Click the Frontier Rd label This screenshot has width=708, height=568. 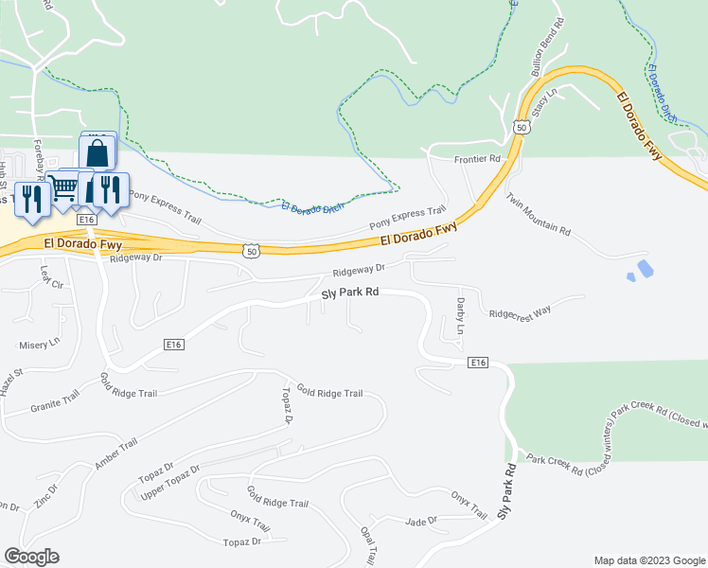coord(476,159)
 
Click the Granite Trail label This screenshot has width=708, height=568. coord(55,402)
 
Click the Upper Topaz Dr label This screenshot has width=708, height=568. coord(170,483)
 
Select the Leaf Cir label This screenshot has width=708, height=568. coord(50,277)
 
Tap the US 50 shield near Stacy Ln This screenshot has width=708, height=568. coord(522,125)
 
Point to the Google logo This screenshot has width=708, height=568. coord(31,557)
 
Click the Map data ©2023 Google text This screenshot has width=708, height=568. coord(648,560)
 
